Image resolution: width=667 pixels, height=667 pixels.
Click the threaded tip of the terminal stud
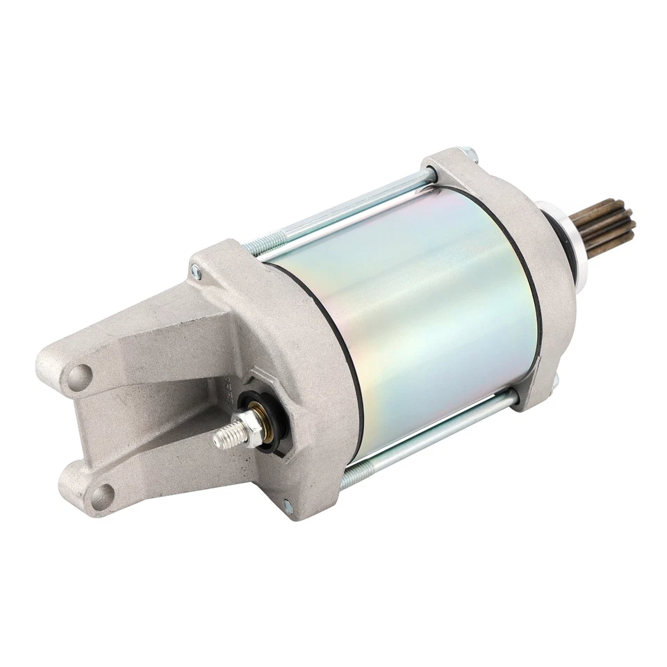pyautogui.click(x=224, y=436)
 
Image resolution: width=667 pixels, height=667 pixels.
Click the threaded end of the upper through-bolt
pyautogui.click(x=254, y=245)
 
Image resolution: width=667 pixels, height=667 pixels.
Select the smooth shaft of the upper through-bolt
pyautogui.click(x=347, y=208)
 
